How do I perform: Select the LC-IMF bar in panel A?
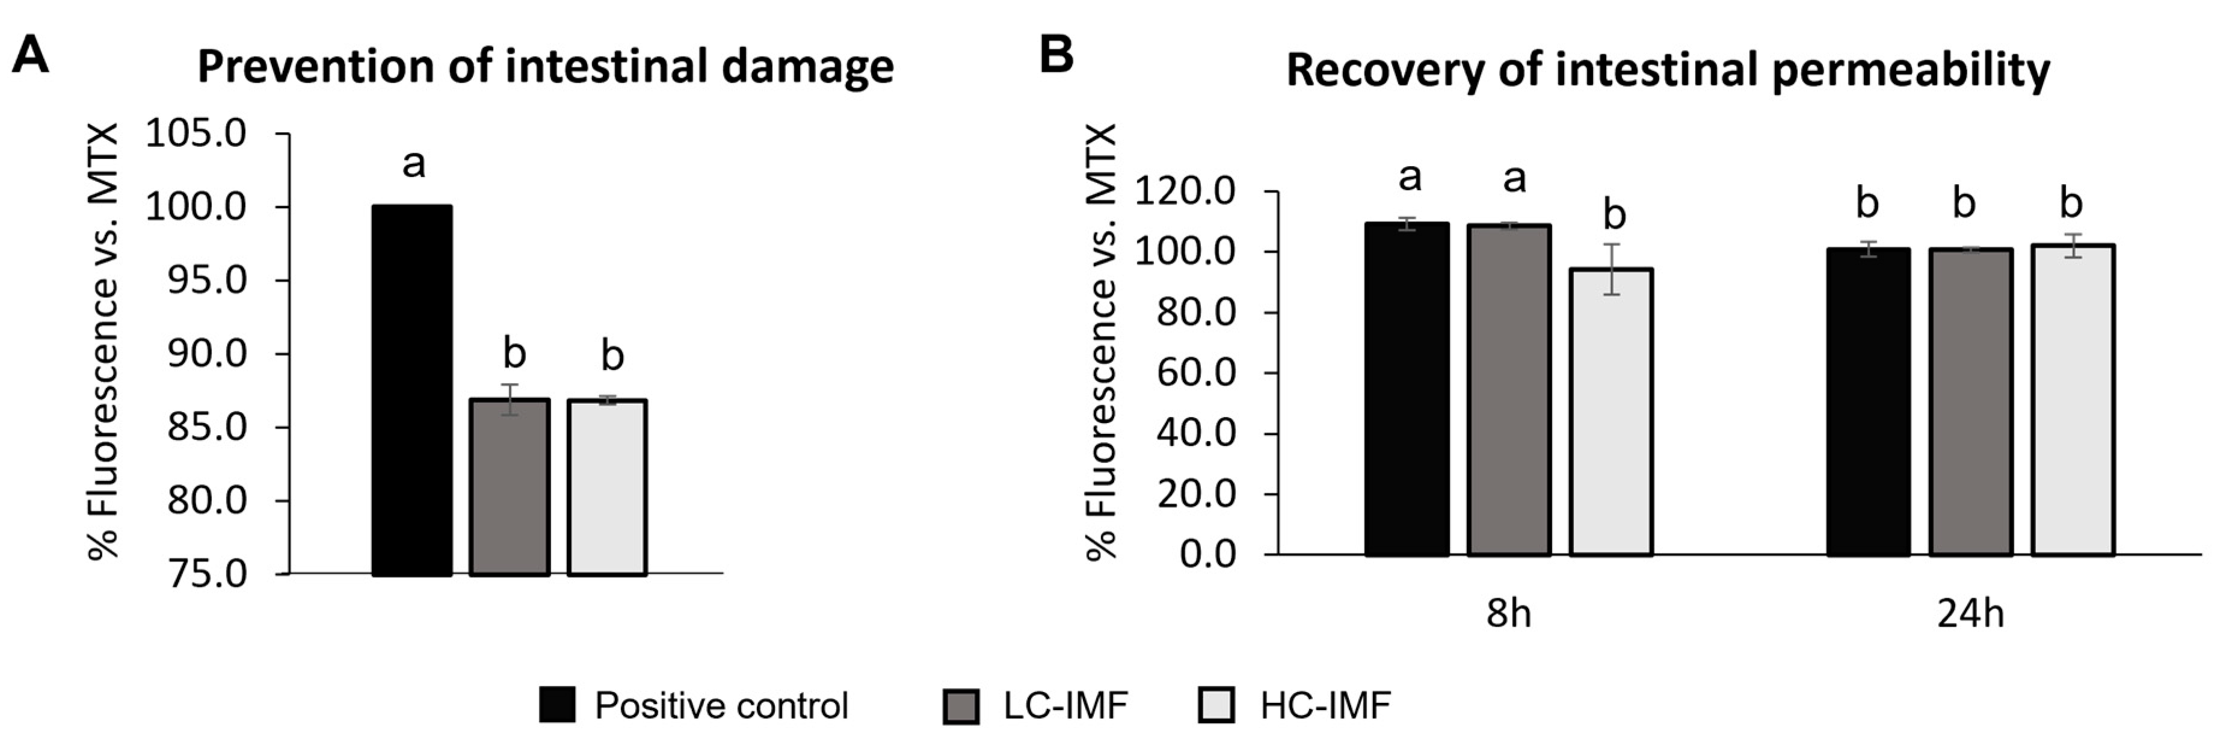tap(510, 487)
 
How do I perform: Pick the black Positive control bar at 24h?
tap(1868, 402)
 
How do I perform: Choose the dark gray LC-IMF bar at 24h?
tap(1970, 402)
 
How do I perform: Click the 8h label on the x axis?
tap(1509, 614)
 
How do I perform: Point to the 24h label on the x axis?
tap(1970, 614)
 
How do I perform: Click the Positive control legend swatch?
tap(557, 705)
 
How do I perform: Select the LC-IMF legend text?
tap(1065, 706)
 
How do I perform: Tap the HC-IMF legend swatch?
tap(1216, 705)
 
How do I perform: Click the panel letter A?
tap(30, 55)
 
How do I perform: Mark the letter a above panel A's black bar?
tap(414, 163)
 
